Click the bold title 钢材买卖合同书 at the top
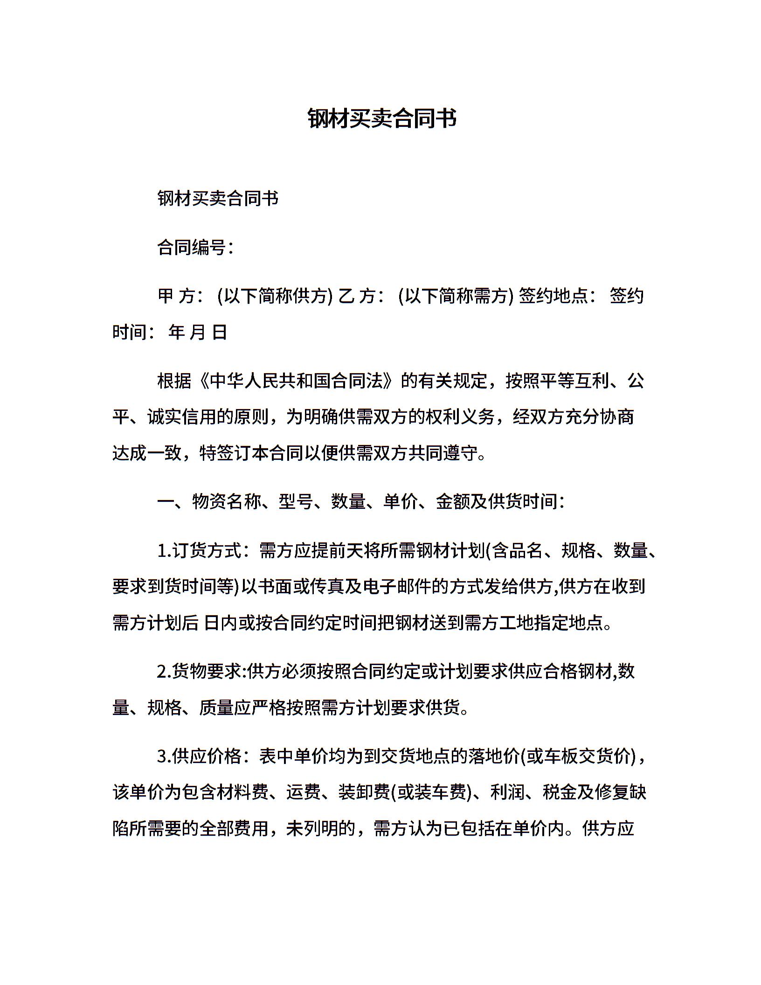pos(382,118)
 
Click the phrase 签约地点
pos(553,296)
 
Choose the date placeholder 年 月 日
pos(198,333)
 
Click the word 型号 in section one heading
pos(296,502)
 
